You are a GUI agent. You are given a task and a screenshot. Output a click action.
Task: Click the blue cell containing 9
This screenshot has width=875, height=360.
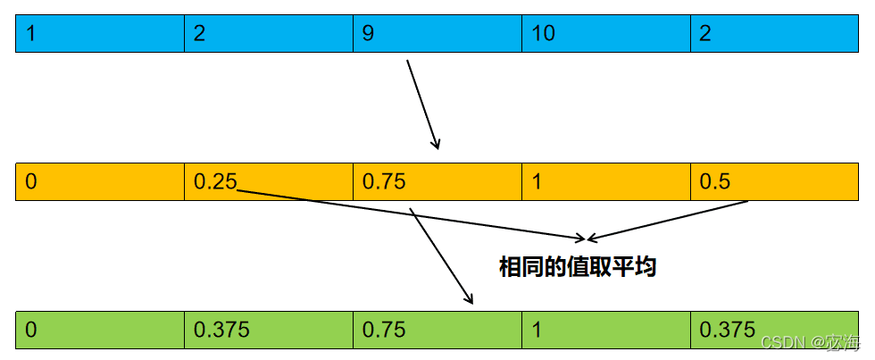[437, 35]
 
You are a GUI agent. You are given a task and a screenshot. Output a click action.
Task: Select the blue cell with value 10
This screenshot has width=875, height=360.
[605, 35]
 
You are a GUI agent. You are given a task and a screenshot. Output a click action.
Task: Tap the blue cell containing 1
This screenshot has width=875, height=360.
[100, 35]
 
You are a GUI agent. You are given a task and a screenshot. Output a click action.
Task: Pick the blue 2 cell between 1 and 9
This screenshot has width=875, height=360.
[269, 35]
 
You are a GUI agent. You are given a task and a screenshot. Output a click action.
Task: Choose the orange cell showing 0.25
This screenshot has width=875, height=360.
[269, 182]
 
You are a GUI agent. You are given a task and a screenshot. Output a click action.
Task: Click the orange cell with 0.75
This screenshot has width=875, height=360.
[437, 182]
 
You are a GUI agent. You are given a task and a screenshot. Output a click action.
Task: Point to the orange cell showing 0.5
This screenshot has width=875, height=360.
[773, 182]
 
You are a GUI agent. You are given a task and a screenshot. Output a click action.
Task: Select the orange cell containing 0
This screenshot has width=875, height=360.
[100, 182]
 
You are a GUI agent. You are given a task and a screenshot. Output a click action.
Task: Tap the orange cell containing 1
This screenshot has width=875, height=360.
[605, 182]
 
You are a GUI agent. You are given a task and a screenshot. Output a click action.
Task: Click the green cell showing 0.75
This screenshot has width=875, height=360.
[437, 330]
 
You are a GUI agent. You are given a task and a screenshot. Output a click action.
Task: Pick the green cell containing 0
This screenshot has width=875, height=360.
[100, 330]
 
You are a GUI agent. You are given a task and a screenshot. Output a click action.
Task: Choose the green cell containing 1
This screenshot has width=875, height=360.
[605, 330]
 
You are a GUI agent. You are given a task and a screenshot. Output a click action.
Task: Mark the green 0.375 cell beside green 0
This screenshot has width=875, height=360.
[269, 330]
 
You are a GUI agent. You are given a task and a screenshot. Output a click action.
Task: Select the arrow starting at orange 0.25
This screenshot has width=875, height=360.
[411, 214]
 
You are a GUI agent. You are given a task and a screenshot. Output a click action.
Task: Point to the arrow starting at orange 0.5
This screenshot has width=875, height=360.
[667, 220]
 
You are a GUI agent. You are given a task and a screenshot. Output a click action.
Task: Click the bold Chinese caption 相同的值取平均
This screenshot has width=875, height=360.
[578, 266]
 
